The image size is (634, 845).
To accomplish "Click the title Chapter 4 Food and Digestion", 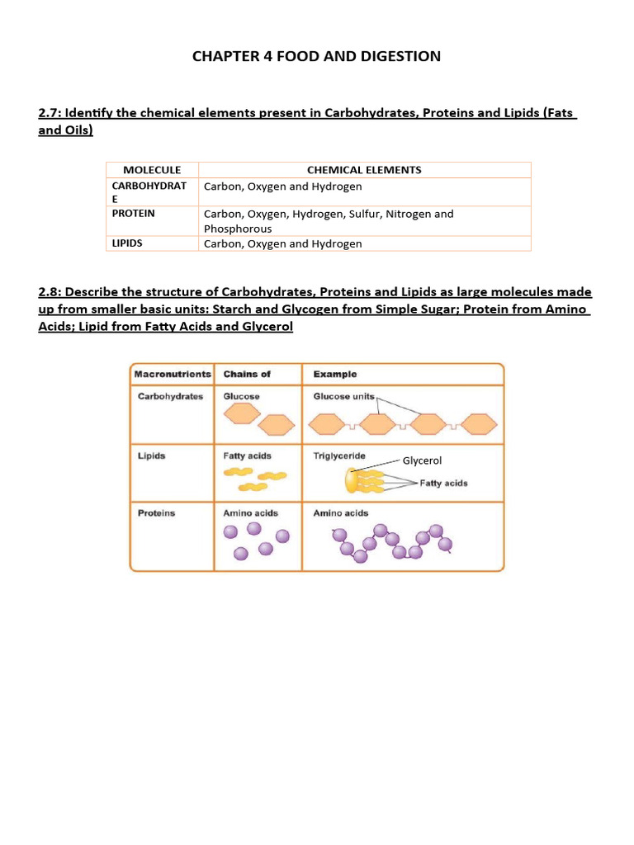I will click(x=316, y=56).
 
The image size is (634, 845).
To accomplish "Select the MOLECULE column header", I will click(x=152, y=170).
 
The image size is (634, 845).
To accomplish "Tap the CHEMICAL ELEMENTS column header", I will click(x=364, y=170).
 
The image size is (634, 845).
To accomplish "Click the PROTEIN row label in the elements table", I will click(x=134, y=213).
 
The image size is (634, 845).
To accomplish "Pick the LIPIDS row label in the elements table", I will click(x=128, y=243).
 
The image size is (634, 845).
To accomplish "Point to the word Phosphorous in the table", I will click(x=238, y=229).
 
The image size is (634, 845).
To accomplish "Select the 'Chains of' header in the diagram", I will click(x=246, y=375).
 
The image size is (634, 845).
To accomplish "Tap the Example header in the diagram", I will click(x=335, y=375).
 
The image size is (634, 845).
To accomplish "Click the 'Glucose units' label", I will click(x=343, y=396).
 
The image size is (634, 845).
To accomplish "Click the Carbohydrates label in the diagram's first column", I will click(x=169, y=396).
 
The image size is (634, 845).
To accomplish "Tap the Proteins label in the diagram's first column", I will click(x=156, y=513).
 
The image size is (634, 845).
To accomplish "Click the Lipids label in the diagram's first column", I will click(x=151, y=456).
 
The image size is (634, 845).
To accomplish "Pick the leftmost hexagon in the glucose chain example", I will click(x=327, y=424).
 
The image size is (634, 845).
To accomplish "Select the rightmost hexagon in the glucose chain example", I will click(x=479, y=424).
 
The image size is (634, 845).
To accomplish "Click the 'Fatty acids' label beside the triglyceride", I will click(x=443, y=484).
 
